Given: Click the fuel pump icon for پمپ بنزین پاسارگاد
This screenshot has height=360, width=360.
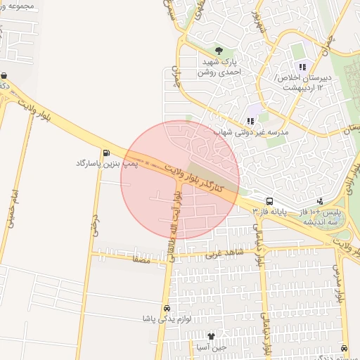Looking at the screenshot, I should tap(106, 152).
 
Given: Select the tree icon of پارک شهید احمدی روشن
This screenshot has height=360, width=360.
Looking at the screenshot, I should tap(219, 51).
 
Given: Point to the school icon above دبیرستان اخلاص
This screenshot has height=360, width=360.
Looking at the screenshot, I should tap(302, 67).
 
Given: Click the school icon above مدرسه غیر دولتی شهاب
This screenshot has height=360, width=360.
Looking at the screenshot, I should tap(252, 110).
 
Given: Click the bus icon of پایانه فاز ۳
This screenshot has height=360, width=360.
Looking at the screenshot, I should tap(270, 200).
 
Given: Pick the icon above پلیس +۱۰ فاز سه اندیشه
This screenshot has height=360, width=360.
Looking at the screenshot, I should tap(320, 200).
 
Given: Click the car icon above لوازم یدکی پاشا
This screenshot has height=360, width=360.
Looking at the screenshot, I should tap(167, 309).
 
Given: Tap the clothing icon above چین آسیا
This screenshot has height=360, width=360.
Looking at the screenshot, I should tap(211, 335).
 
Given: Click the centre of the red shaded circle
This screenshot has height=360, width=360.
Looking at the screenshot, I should tap(180, 180).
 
